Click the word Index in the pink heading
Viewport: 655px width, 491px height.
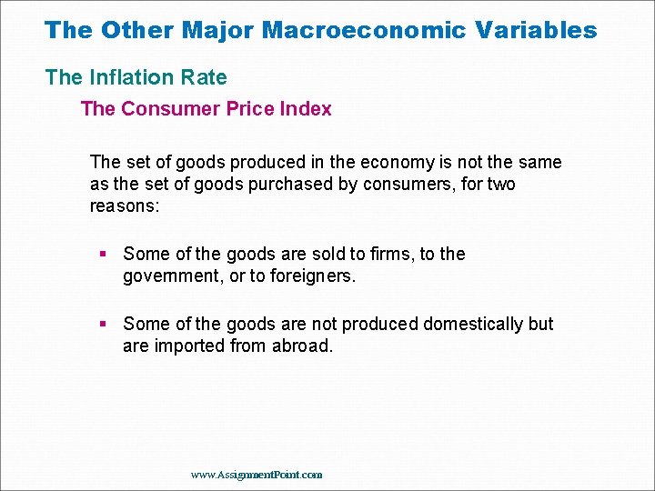[x=306, y=109]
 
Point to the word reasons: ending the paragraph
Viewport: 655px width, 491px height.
[x=124, y=206]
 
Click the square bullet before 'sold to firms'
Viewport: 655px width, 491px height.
[x=103, y=254]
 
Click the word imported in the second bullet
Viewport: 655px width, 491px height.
[x=188, y=346]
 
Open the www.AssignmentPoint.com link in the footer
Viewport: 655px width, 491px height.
[x=257, y=475]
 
